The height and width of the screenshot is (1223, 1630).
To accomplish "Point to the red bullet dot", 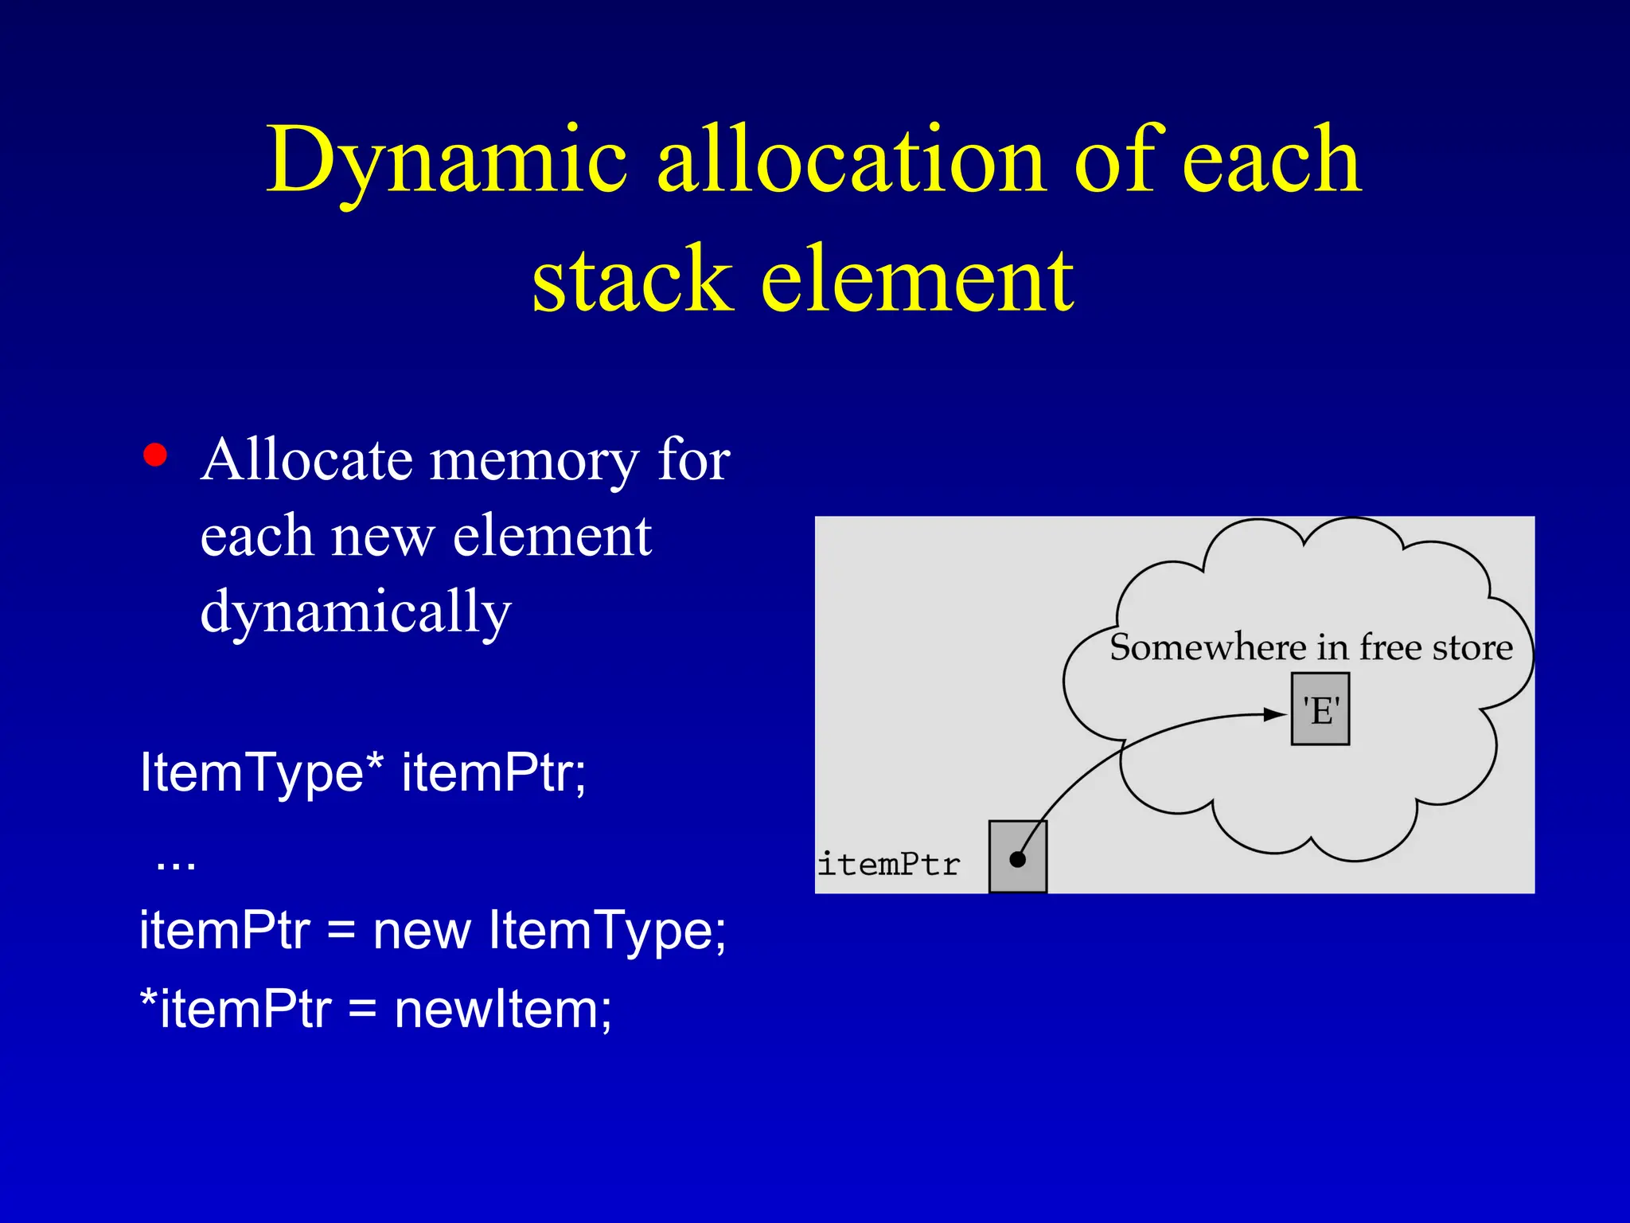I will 155,455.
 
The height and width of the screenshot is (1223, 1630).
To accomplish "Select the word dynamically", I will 356,612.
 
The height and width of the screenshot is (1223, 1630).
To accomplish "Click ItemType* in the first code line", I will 260,772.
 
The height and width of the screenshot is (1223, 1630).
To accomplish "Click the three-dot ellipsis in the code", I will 176,863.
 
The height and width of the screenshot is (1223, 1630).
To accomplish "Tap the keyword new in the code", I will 422,930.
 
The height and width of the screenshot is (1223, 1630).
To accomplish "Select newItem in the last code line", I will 503,1009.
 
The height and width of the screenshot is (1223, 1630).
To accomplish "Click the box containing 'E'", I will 1320,709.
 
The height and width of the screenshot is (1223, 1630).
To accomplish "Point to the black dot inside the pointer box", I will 1017,859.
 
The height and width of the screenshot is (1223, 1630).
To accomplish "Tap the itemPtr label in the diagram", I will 889,864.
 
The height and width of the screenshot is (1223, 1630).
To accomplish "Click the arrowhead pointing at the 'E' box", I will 1275,713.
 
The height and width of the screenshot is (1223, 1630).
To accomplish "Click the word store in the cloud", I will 1472,647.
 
